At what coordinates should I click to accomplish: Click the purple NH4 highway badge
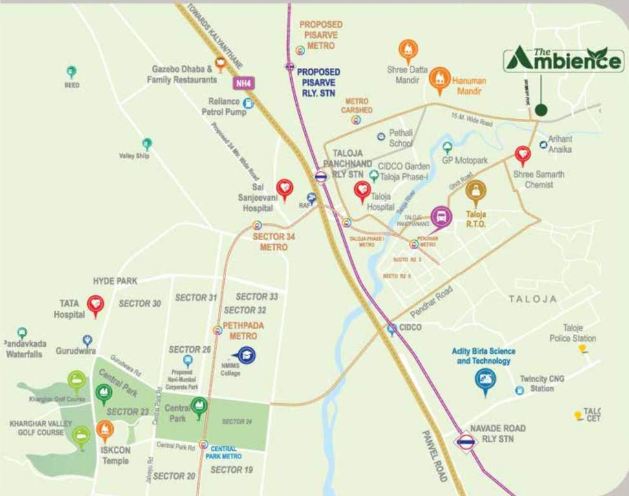(x=242, y=83)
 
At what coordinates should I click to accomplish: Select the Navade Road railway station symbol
(x=465, y=442)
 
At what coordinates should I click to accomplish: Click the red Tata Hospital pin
(x=96, y=304)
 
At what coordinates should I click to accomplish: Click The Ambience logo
(x=564, y=60)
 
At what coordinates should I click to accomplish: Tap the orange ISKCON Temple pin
(x=105, y=430)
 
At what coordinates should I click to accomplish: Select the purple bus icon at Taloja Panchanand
(x=441, y=216)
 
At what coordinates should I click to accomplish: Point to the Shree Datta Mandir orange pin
(x=408, y=50)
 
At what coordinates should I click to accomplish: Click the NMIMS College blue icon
(x=246, y=355)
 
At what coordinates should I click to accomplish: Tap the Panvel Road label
(x=434, y=456)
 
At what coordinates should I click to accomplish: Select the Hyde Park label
(x=115, y=281)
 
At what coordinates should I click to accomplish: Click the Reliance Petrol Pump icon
(x=248, y=103)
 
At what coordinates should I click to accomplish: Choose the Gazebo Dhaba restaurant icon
(x=220, y=63)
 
